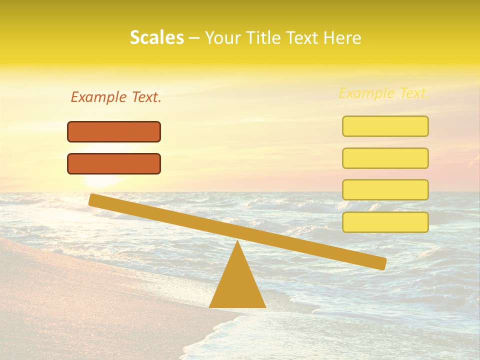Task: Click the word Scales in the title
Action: click(156, 38)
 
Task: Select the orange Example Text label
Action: click(116, 97)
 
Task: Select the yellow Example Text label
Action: click(384, 93)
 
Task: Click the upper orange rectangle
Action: click(114, 132)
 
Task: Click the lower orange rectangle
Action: click(114, 164)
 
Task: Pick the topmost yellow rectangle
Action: click(385, 126)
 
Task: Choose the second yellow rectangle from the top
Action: click(385, 158)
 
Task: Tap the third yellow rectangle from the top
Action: click(385, 190)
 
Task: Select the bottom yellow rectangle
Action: click(385, 222)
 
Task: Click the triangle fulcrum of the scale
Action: click(237, 285)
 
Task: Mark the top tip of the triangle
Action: click(237, 241)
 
